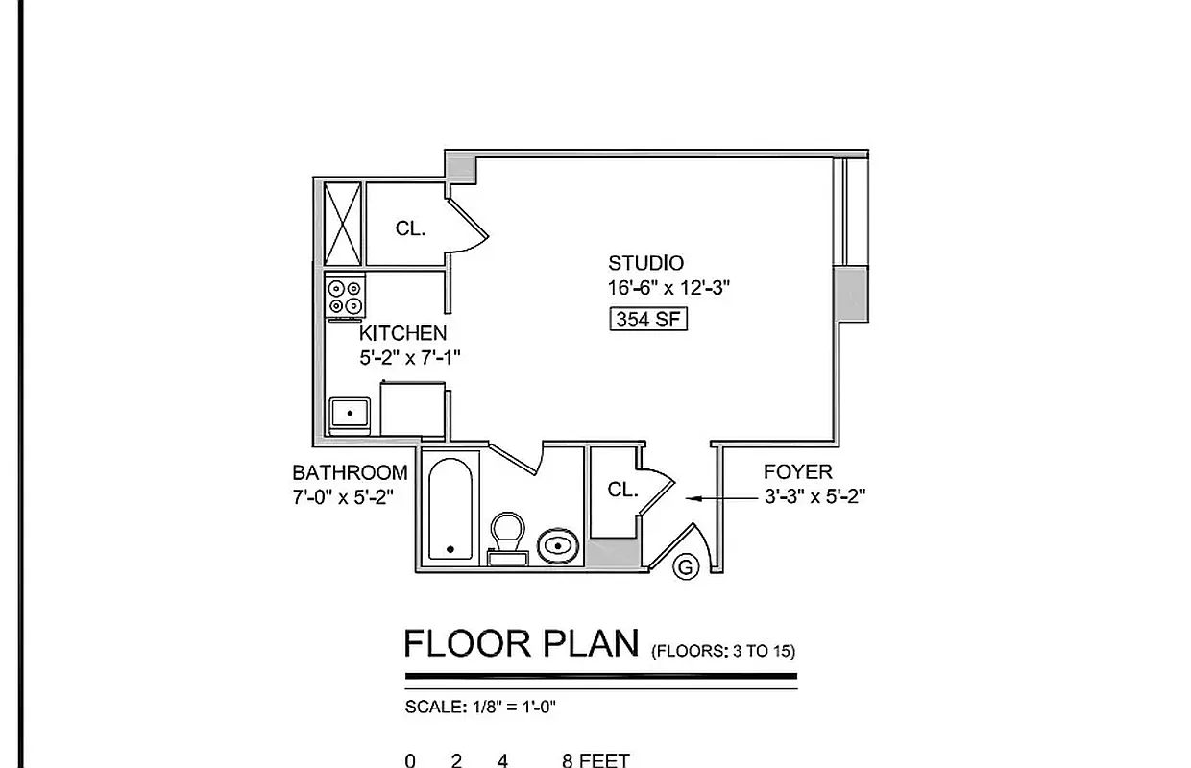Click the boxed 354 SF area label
[649, 320]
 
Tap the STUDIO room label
[645, 263]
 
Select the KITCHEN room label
[402, 333]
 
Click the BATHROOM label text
[350, 472]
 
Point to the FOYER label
[797, 472]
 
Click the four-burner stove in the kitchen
[346, 296]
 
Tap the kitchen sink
[351, 414]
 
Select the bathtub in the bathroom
[450, 511]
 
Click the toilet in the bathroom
[507, 536]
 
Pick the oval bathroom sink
[558, 548]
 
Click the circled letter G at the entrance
[686, 567]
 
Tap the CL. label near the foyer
[622, 490]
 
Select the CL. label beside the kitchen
[410, 228]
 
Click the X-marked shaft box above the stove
[342, 222]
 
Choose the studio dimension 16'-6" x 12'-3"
[663, 288]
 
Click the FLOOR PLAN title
[522, 643]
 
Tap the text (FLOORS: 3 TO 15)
[723, 651]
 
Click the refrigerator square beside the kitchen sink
[413, 410]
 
